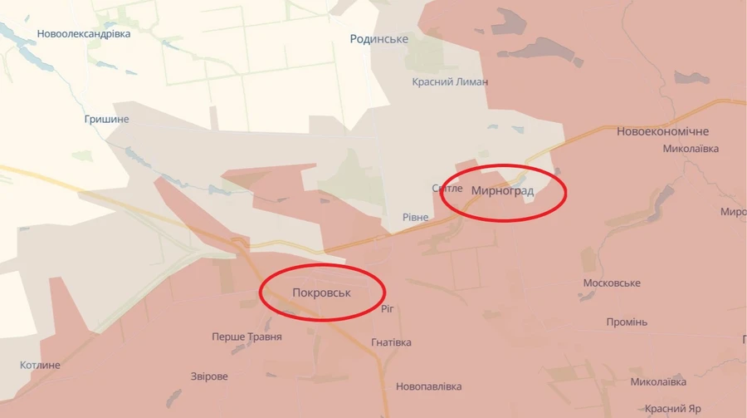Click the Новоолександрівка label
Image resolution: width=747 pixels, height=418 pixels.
[84, 34]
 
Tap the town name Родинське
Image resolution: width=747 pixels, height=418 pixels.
[379, 39]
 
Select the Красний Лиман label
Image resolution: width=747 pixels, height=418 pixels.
[451, 82]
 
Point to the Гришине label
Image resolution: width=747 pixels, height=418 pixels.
[107, 120]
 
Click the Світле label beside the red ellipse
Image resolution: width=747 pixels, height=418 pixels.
[447, 189]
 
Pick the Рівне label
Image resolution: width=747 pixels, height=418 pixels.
[416, 218]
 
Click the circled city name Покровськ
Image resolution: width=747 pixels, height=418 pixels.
[323, 293]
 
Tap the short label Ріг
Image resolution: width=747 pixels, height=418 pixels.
[387, 308]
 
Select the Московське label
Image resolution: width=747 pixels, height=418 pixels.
[612, 283]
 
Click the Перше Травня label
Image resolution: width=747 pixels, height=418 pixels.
[247, 337]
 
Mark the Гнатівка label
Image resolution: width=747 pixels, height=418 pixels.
[392, 342]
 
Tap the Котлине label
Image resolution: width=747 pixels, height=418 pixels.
[41, 366]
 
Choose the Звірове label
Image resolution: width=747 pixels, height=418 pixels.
[209, 376]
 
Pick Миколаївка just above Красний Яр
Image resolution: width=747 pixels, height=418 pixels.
[658, 382]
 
